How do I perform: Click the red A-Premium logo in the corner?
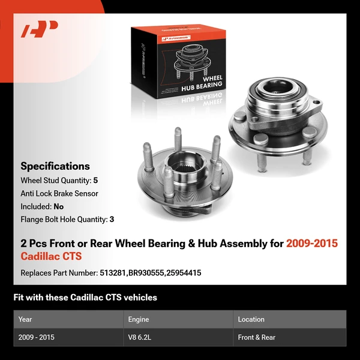pyautogui.click(x=39, y=29)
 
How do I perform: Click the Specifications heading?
pyautogui.click(x=55, y=166)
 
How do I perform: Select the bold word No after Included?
pyautogui.click(x=58, y=206)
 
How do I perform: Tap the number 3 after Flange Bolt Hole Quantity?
pyautogui.click(x=112, y=219)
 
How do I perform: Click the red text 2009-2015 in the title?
pyautogui.click(x=311, y=243)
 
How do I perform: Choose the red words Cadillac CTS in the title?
pyautogui.click(x=51, y=256)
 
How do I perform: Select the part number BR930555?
pyautogui.click(x=144, y=272)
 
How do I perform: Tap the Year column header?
pyautogui.click(x=25, y=319)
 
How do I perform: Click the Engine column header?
pyautogui.click(x=138, y=319)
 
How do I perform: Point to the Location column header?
pyautogui.click(x=251, y=319)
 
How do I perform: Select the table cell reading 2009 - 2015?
pyautogui.click(x=37, y=337)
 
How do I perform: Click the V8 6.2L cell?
pyautogui.click(x=140, y=337)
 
